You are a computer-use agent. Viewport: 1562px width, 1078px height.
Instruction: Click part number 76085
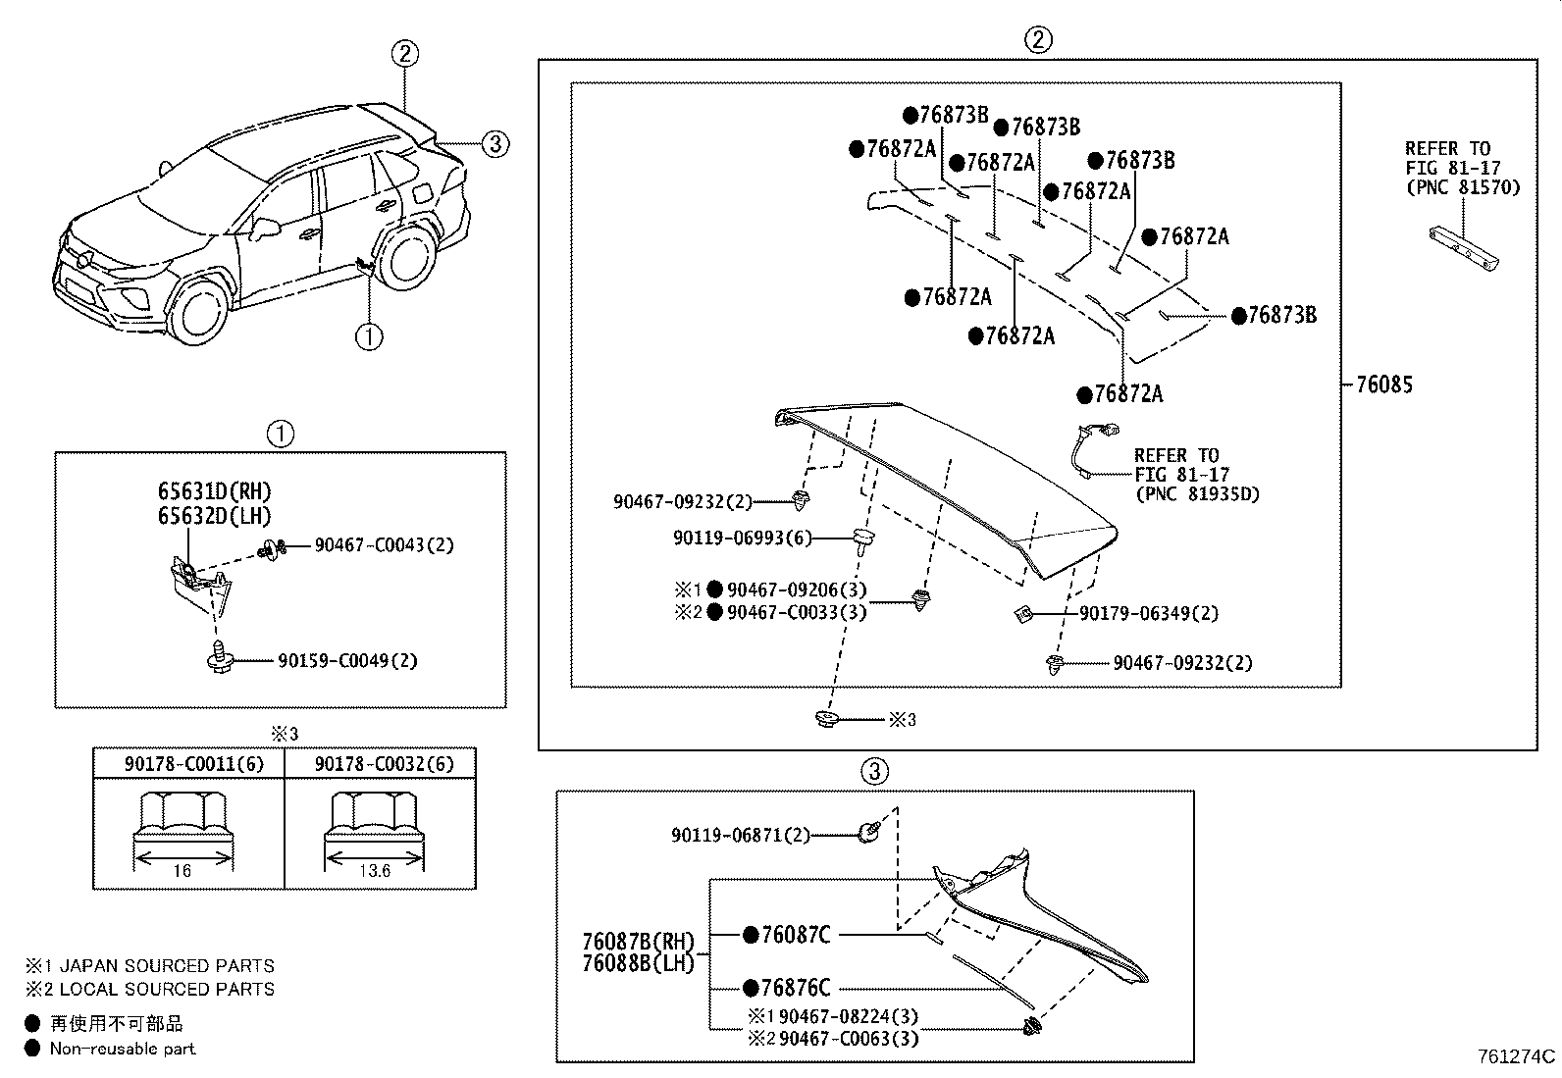pyautogui.click(x=1384, y=385)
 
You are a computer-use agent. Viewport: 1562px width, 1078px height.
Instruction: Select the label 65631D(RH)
pyautogui.click(x=214, y=491)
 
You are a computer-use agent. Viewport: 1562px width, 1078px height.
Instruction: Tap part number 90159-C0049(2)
pyautogui.click(x=347, y=660)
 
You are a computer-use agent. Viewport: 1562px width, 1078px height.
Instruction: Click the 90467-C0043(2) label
pyautogui.click(x=384, y=544)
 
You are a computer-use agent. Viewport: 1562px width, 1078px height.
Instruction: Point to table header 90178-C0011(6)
pyautogui.click(x=194, y=763)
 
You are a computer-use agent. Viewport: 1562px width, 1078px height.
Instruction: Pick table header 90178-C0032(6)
pyautogui.click(x=384, y=763)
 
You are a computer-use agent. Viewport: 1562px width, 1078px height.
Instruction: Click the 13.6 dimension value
pyautogui.click(x=375, y=871)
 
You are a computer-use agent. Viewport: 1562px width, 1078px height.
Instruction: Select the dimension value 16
pyautogui.click(x=182, y=871)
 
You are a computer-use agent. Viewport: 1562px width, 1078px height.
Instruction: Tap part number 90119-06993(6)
pyautogui.click(x=742, y=538)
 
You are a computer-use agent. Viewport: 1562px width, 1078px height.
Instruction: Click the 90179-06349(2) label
pyautogui.click(x=1149, y=613)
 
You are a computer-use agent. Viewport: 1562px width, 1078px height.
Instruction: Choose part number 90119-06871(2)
pyautogui.click(x=741, y=835)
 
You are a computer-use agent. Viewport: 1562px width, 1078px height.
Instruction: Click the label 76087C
pyautogui.click(x=796, y=935)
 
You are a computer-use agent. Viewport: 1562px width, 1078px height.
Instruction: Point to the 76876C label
pyautogui.click(x=796, y=988)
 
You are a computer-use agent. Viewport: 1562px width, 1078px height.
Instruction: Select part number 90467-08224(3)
pyautogui.click(x=848, y=1016)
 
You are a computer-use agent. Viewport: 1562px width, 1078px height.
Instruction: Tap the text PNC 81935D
pyautogui.click(x=1198, y=494)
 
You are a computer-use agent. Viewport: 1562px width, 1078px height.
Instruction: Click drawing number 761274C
pyautogui.click(x=1517, y=1056)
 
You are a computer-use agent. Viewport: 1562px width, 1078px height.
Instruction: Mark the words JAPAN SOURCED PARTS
pyautogui.click(x=167, y=966)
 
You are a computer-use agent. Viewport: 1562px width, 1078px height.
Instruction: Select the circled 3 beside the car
pyautogui.click(x=495, y=143)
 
